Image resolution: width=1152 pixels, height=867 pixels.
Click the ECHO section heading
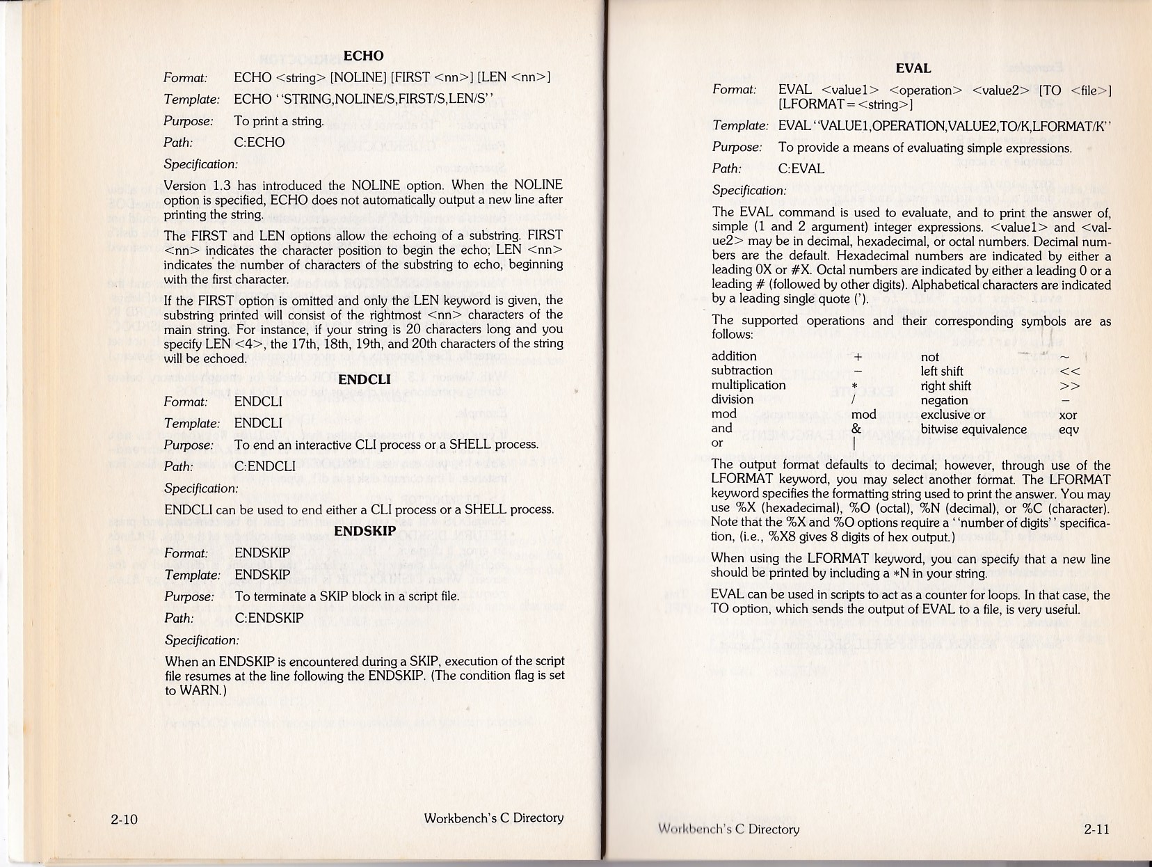coord(364,56)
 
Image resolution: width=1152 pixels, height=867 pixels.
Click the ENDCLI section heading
coord(365,380)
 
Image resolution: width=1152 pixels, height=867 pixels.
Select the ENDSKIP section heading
coord(365,531)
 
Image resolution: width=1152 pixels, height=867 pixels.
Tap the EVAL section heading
coord(913,68)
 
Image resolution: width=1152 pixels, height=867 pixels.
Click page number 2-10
coord(124,819)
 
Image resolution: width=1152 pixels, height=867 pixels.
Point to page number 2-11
coord(1096,829)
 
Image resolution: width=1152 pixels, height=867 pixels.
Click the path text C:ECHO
coord(259,143)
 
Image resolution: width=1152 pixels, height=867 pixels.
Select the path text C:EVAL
coord(801,169)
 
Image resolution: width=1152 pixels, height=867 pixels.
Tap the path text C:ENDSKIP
coord(269,618)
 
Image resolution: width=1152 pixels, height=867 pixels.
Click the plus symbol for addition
coord(858,357)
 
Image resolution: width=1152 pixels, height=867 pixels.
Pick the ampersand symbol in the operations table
coord(856,429)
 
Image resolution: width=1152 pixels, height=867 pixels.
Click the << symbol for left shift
coord(1069,372)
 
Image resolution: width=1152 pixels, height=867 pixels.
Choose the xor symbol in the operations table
coord(1068,415)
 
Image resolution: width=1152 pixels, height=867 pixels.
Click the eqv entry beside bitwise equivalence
coord(1068,430)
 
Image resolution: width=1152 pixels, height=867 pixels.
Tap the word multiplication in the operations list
coord(749,385)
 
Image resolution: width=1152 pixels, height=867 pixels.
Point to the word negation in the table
coord(944,401)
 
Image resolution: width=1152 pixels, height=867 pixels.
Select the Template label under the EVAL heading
coord(740,126)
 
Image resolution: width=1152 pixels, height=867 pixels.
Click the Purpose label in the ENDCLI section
coord(189,445)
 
